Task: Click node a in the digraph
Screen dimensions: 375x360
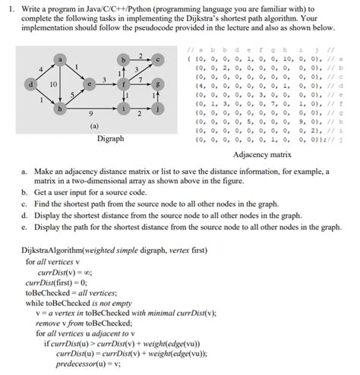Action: click(x=60, y=58)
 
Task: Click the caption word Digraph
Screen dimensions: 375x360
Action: click(x=110, y=140)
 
